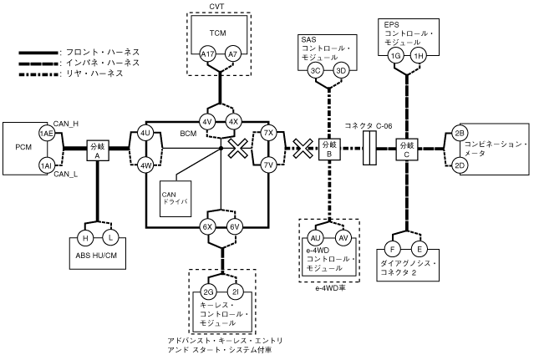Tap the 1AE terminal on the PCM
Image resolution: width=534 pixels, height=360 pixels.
47,134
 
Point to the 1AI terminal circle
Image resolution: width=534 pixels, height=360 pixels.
47,166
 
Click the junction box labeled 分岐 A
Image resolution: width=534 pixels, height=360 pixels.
98,150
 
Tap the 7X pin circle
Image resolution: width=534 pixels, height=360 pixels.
269,133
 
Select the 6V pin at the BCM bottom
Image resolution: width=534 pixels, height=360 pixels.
235,226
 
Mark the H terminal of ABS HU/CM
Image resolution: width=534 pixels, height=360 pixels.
84,238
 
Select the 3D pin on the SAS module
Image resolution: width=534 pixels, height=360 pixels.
341,71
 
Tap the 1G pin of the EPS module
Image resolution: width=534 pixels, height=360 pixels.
395,55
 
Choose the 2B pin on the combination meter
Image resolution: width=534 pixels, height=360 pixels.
459,134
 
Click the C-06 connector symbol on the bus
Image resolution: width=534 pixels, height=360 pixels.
369,150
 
